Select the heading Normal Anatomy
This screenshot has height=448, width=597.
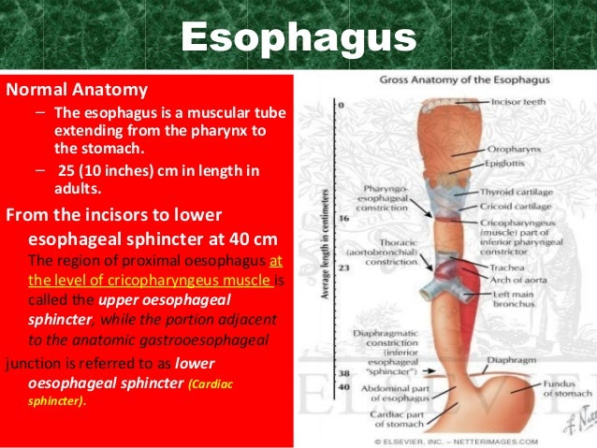point(77,91)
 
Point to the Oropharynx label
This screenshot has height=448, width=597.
point(514,148)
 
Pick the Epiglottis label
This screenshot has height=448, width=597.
point(510,161)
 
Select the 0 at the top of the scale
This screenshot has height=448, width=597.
point(342,105)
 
